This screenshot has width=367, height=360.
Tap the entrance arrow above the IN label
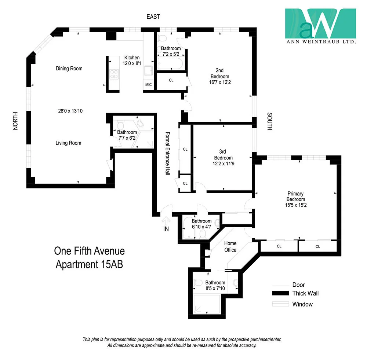pyautogui.click(x=166, y=221)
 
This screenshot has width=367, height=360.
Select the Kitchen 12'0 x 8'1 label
pyautogui.click(x=132, y=60)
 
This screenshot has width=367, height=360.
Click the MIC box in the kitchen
pyautogui.click(x=148, y=85)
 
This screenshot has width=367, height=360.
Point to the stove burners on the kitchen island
pyautogui.click(x=113, y=74)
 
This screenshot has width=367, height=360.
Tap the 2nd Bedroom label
pyautogui.click(x=219, y=73)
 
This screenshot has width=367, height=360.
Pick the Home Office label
pyautogui.click(x=230, y=246)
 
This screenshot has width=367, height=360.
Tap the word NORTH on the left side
pyautogui.click(x=15, y=121)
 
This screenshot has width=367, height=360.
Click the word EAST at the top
pyautogui.click(x=153, y=17)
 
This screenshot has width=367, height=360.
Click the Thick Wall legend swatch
pyautogui.click(x=280, y=293)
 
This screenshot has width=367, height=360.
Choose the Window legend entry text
pyautogui.click(x=302, y=304)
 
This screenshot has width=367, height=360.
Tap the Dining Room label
pyautogui.click(x=69, y=69)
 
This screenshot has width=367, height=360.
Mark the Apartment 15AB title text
pyautogui.click(x=89, y=264)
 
